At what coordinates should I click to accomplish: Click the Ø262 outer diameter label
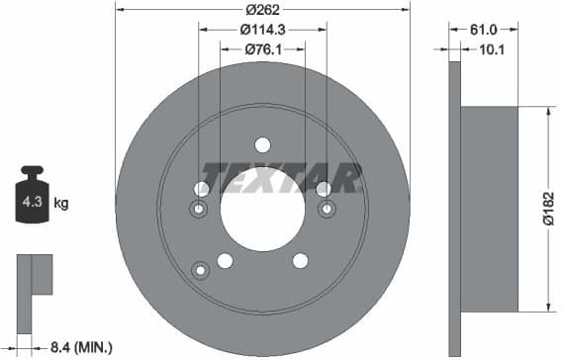click(x=261, y=11)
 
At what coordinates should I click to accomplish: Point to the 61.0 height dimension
click(x=484, y=32)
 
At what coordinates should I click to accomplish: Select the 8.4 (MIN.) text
click(x=80, y=346)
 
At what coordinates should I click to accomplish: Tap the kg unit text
click(x=61, y=204)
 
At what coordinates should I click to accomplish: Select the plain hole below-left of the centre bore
click(x=225, y=261)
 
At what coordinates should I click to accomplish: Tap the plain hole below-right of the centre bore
click(x=301, y=261)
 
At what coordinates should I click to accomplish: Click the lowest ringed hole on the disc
click(x=202, y=270)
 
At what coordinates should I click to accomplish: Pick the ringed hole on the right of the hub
click(x=327, y=209)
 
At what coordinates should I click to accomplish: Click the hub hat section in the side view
click(x=491, y=209)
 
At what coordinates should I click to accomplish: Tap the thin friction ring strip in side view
click(x=455, y=209)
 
